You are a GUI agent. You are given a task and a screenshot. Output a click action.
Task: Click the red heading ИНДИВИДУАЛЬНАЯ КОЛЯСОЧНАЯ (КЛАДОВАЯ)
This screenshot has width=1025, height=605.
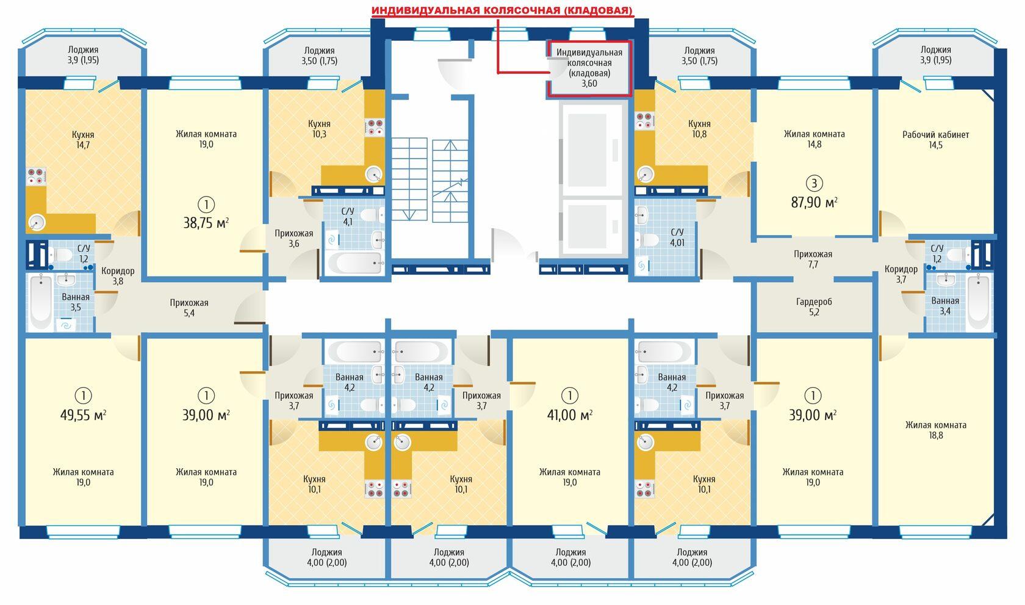(x=502, y=10)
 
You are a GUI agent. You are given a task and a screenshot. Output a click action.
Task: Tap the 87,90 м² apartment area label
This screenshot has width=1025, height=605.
(x=814, y=202)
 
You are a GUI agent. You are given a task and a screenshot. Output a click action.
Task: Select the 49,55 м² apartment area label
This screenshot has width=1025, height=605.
(x=83, y=415)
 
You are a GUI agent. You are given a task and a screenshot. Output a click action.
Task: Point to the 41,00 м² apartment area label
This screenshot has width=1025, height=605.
(x=570, y=415)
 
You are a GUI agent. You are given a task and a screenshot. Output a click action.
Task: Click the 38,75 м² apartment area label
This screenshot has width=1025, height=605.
(x=206, y=223)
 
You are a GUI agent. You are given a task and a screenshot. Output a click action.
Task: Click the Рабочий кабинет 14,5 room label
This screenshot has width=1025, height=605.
(x=935, y=140)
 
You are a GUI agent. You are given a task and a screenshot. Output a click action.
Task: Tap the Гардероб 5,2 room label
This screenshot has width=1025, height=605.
(x=814, y=307)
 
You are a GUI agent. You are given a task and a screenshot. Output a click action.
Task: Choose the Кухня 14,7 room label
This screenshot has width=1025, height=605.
(x=83, y=140)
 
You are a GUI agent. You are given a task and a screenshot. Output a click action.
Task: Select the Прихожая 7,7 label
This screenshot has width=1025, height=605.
(x=813, y=259)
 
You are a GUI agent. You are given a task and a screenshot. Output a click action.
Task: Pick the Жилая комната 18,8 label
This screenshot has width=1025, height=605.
(x=936, y=430)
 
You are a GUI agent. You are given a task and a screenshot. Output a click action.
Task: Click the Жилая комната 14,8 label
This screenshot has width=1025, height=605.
(x=814, y=139)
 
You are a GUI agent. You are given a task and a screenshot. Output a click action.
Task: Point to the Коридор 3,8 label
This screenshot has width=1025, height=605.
(x=118, y=276)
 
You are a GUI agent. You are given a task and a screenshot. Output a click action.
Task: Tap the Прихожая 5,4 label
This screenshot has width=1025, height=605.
(x=189, y=308)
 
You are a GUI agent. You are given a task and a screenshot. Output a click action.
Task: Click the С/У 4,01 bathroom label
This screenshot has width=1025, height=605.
(x=677, y=237)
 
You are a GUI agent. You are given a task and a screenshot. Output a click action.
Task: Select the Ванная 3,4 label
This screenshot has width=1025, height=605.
(x=946, y=306)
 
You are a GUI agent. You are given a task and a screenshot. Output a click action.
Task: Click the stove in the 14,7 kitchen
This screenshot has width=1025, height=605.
(x=37, y=176)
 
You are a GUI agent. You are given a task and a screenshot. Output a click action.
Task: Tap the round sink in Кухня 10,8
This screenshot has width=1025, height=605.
(x=646, y=174)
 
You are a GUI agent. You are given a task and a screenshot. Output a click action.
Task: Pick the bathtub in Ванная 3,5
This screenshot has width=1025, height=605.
(x=41, y=302)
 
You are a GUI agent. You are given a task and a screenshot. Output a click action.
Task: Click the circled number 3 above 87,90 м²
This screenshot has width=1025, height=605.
(x=814, y=183)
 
